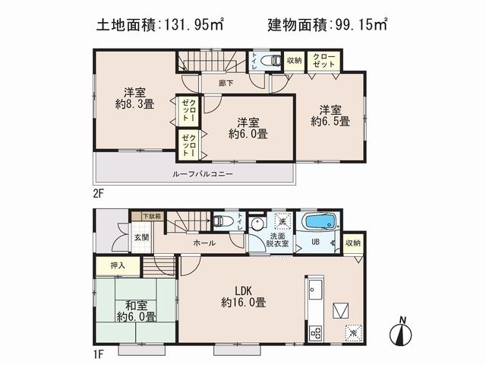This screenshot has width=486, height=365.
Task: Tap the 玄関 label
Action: pos(143,236)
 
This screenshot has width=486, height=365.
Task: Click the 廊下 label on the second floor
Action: pos(225,81)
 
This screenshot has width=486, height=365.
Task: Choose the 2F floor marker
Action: pos(99,193)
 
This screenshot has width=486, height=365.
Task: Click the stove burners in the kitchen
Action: pos(315,332)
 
